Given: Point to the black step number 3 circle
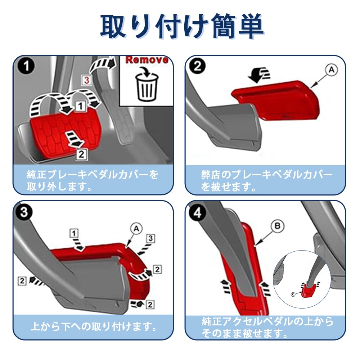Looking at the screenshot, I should click(24, 212).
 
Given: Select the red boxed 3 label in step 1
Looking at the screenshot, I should click(87, 80).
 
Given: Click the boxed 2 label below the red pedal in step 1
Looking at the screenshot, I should click(82, 154).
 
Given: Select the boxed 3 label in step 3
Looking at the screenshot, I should click(151, 238).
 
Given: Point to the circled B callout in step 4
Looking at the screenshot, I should click(277, 226).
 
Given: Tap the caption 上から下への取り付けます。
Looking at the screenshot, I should click(93, 327).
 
